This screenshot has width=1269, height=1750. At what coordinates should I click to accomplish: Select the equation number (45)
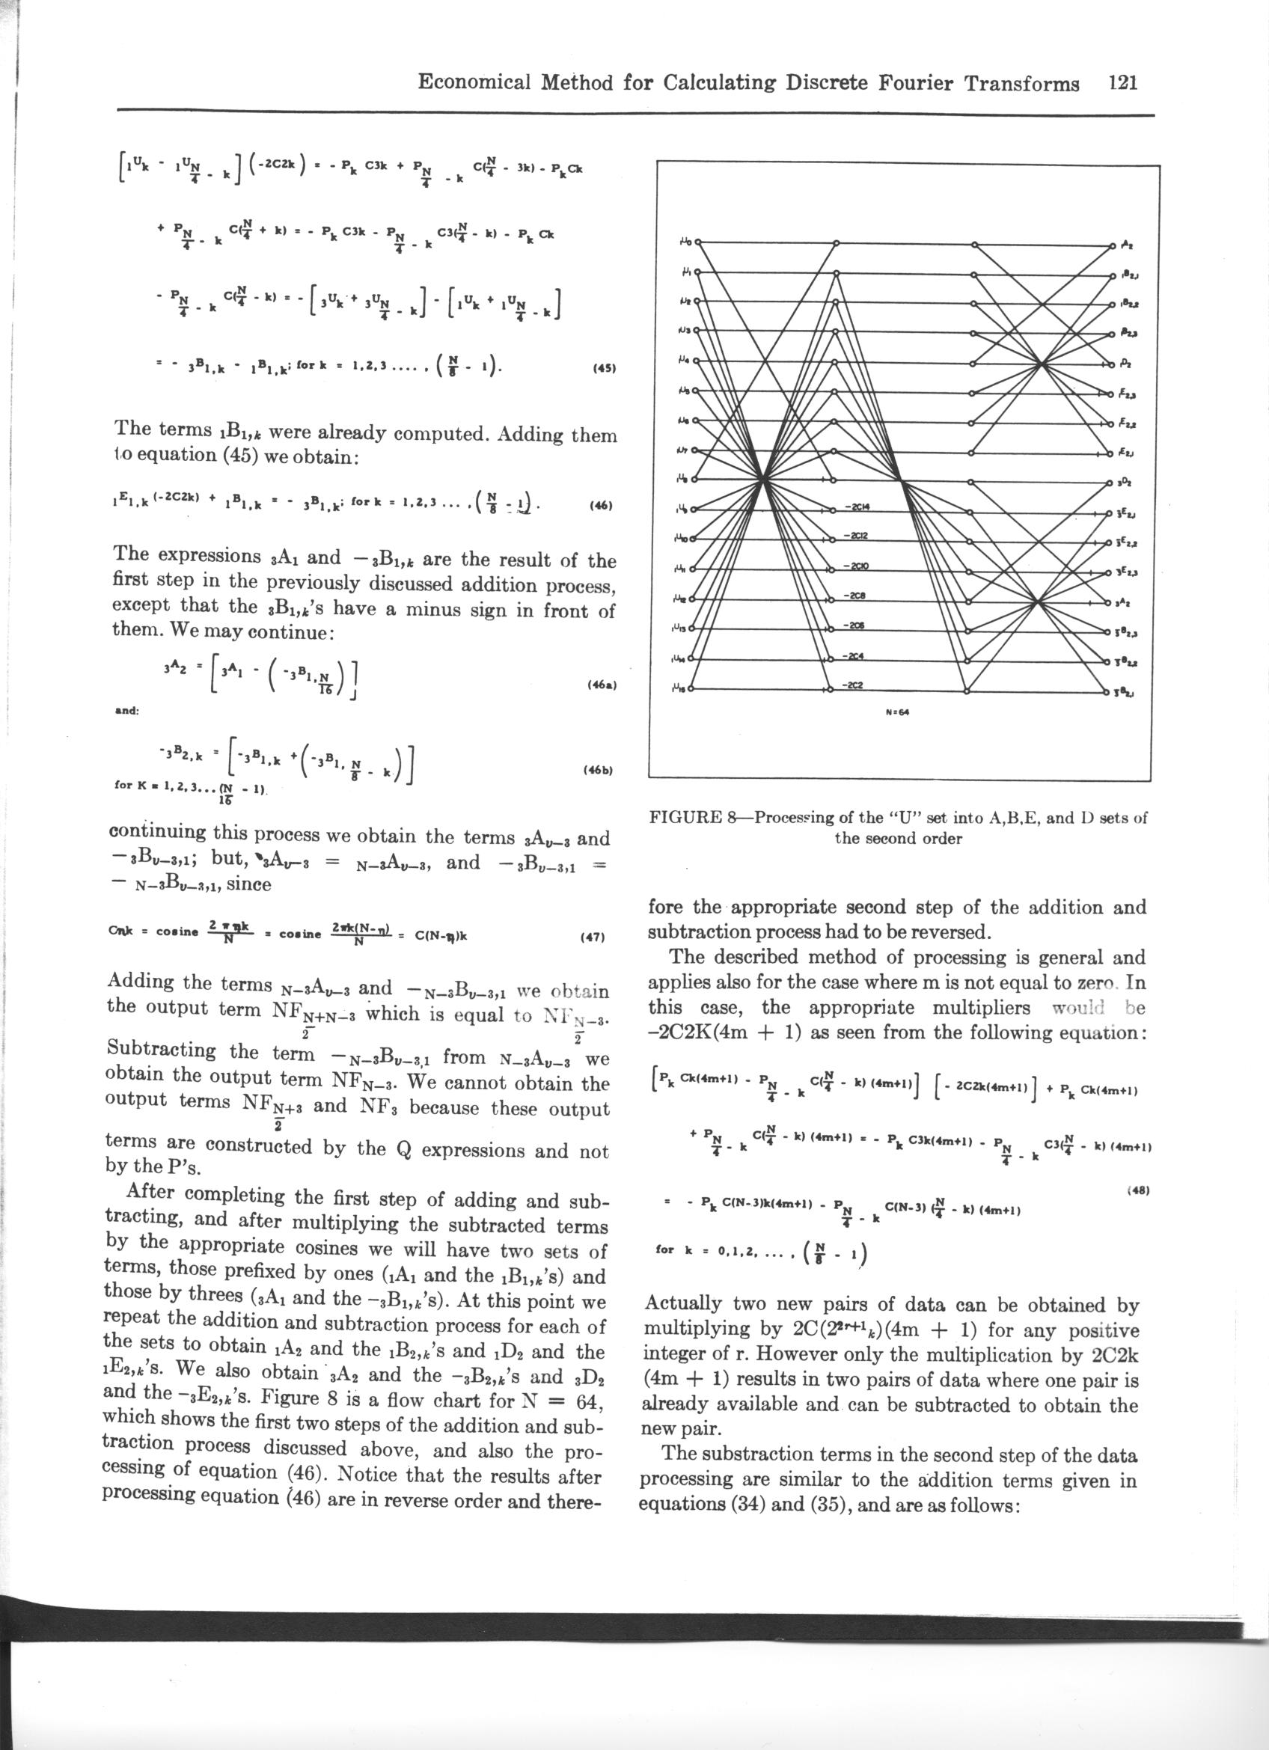tap(603, 368)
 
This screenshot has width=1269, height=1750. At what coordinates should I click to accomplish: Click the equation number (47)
tap(594, 939)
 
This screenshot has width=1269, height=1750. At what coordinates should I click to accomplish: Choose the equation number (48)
tap(1137, 1190)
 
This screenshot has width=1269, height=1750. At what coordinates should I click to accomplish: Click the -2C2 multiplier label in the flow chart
tap(852, 685)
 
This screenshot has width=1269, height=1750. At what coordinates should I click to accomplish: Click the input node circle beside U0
tap(698, 242)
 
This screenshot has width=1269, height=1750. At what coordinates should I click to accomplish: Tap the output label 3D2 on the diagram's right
tap(1125, 483)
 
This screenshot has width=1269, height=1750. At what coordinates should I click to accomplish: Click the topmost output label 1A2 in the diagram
tap(1126, 244)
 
